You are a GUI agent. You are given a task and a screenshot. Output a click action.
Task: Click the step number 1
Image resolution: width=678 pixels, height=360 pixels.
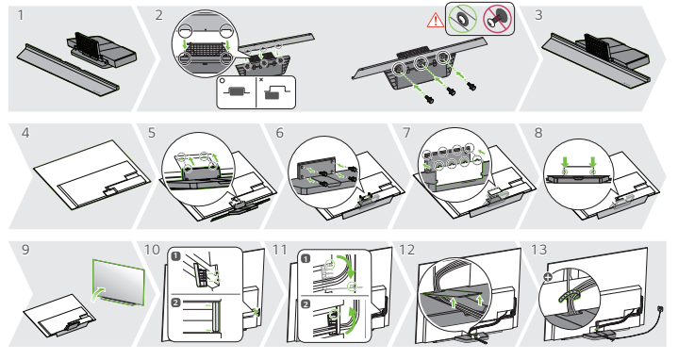coord(21,16)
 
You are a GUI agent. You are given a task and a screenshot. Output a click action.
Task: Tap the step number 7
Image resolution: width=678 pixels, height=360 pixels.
coord(406,133)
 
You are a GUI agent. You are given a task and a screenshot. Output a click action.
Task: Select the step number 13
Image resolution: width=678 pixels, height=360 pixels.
coord(538,250)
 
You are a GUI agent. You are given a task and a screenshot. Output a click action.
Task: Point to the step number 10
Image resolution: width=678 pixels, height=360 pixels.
coord(152,250)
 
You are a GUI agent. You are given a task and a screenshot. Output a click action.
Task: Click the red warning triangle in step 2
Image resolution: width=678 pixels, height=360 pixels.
coord(435,20)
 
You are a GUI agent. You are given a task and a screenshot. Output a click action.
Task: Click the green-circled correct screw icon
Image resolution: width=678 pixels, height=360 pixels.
coord(462,19)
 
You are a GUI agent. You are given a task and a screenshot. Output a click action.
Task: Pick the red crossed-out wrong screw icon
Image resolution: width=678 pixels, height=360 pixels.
coord(497,19)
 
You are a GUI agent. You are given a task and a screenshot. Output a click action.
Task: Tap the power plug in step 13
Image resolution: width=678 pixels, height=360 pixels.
coord(660,309)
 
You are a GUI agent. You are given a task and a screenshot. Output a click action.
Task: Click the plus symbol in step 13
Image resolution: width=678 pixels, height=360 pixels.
coord(548,276)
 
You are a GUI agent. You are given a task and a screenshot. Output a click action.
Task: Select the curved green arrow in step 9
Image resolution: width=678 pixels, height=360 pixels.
coord(98,294)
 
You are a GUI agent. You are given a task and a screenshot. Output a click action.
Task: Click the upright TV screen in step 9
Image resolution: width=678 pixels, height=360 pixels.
coord(118,282)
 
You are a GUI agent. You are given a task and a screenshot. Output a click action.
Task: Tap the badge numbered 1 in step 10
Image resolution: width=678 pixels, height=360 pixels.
coord(175,256)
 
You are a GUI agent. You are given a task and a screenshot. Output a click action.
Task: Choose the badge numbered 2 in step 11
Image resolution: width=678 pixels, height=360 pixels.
coord(306,304)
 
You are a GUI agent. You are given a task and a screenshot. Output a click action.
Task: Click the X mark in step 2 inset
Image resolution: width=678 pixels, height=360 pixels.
coord(261,79)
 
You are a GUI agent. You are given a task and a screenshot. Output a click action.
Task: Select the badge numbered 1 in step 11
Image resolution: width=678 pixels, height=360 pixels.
coord(306,258)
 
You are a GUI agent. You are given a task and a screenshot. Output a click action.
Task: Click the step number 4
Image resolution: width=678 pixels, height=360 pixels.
coord(25,133)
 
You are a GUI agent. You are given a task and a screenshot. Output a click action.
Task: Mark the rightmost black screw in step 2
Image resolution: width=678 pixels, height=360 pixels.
coord(471,86)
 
